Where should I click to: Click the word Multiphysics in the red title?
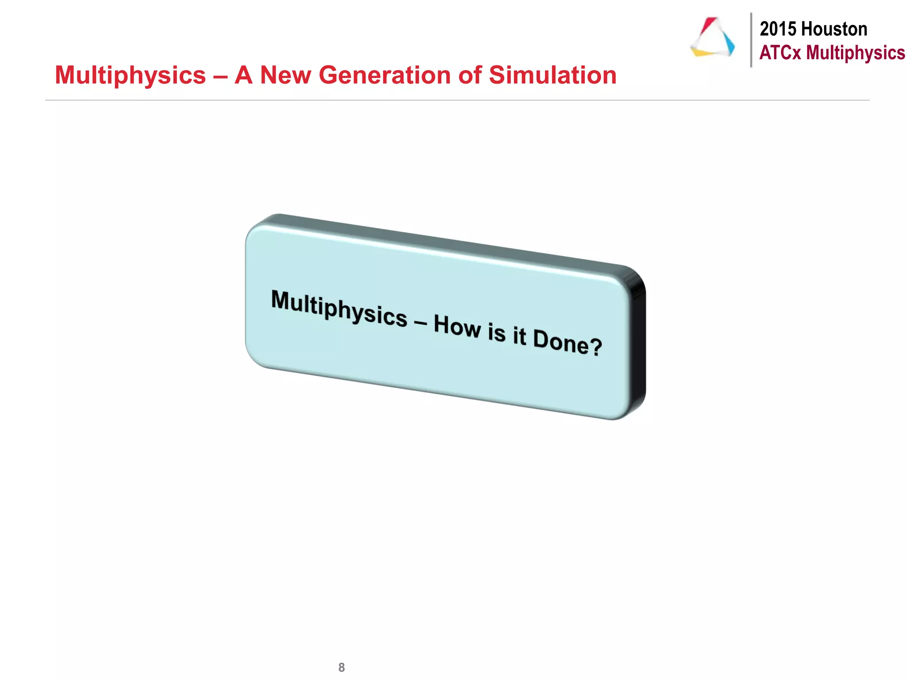coord(131,76)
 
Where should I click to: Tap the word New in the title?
coord(285,75)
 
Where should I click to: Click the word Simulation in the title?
coord(553,75)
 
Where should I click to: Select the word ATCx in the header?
coord(780,53)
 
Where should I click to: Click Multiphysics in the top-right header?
coord(856,53)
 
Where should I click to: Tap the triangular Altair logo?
coord(713,38)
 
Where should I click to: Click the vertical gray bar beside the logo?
coord(751,40)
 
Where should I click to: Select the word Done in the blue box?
coord(561,341)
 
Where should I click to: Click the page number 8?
coord(342,667)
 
